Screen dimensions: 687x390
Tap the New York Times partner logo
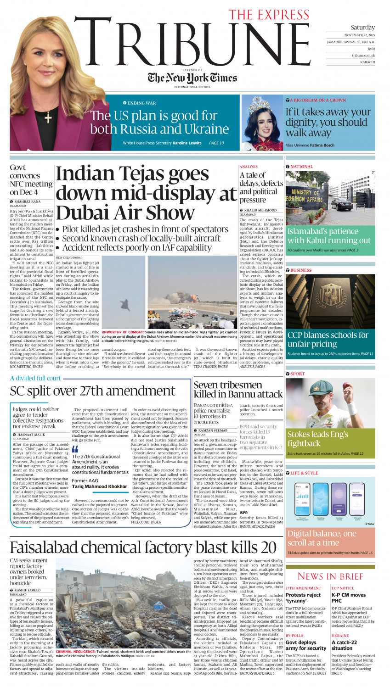pyautogui.click(x=192, y=78)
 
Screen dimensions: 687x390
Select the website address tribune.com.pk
pyautogui.click(x=363, y=56)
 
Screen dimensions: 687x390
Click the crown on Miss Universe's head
pyautogui.click(x=259, y=105)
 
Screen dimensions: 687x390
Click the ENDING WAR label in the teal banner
pyautogui.click(x=141, y=103)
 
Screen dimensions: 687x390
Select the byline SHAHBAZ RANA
pyautogui.click(x=27, y=201)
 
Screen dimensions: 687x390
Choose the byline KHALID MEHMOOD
pyautogui.click(x=260, y=210)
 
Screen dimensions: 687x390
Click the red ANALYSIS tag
pyautogui.click(x=249, y=167)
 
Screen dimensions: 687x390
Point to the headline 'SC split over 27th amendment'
pyautogui.click(x=92, y=391)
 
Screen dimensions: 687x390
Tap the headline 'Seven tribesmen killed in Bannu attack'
pyautogui.click(x=237, y=390)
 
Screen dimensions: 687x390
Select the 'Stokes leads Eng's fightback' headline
pyautogui.click(x=317, y=439)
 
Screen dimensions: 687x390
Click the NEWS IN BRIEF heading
pyautogui.click(x=330, y=576)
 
